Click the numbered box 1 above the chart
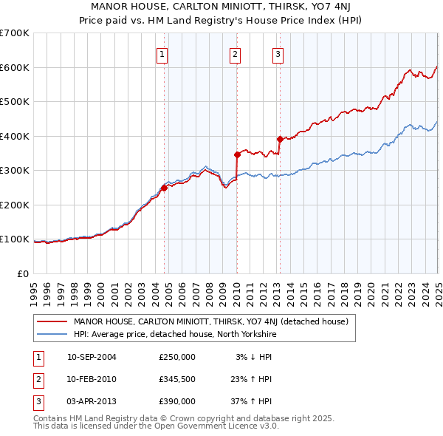[161, 53]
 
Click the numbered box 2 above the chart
[234, 53]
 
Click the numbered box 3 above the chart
[278, 53]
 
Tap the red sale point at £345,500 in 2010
[237, 155]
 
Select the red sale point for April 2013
[280, 139]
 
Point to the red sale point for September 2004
[164, 188]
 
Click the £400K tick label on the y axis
[14, 136]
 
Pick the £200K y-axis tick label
[14, 205]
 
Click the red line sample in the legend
[52, 321]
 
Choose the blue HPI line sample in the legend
[52, 334]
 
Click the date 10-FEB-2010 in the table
[92, 379]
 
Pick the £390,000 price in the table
[177, 401]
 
